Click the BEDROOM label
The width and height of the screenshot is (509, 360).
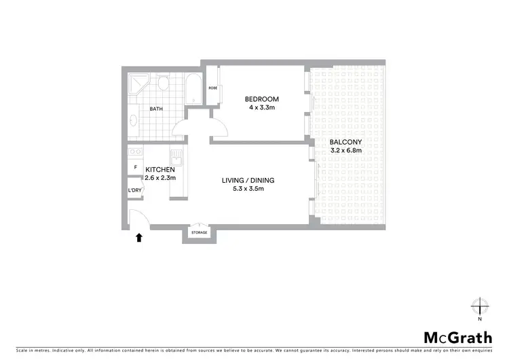[x=262, y=99]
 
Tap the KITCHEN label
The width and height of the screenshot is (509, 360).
[x=160, y=169]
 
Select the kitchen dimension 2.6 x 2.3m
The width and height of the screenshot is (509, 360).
[x=160, y=177]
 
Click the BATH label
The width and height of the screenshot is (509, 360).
[x=156, y=109]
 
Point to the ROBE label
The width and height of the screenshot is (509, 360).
[x=212, y=88]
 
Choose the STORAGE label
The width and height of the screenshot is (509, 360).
[x=199, y=233]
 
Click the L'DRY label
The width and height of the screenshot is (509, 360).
[x=134, y=190]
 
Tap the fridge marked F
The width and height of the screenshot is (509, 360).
[x=135, y=167]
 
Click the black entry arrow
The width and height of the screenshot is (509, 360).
[x=138, y=237]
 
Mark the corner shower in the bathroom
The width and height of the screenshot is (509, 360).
[x=138, y=85]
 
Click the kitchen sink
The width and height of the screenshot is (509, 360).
[x=176, y=160]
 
